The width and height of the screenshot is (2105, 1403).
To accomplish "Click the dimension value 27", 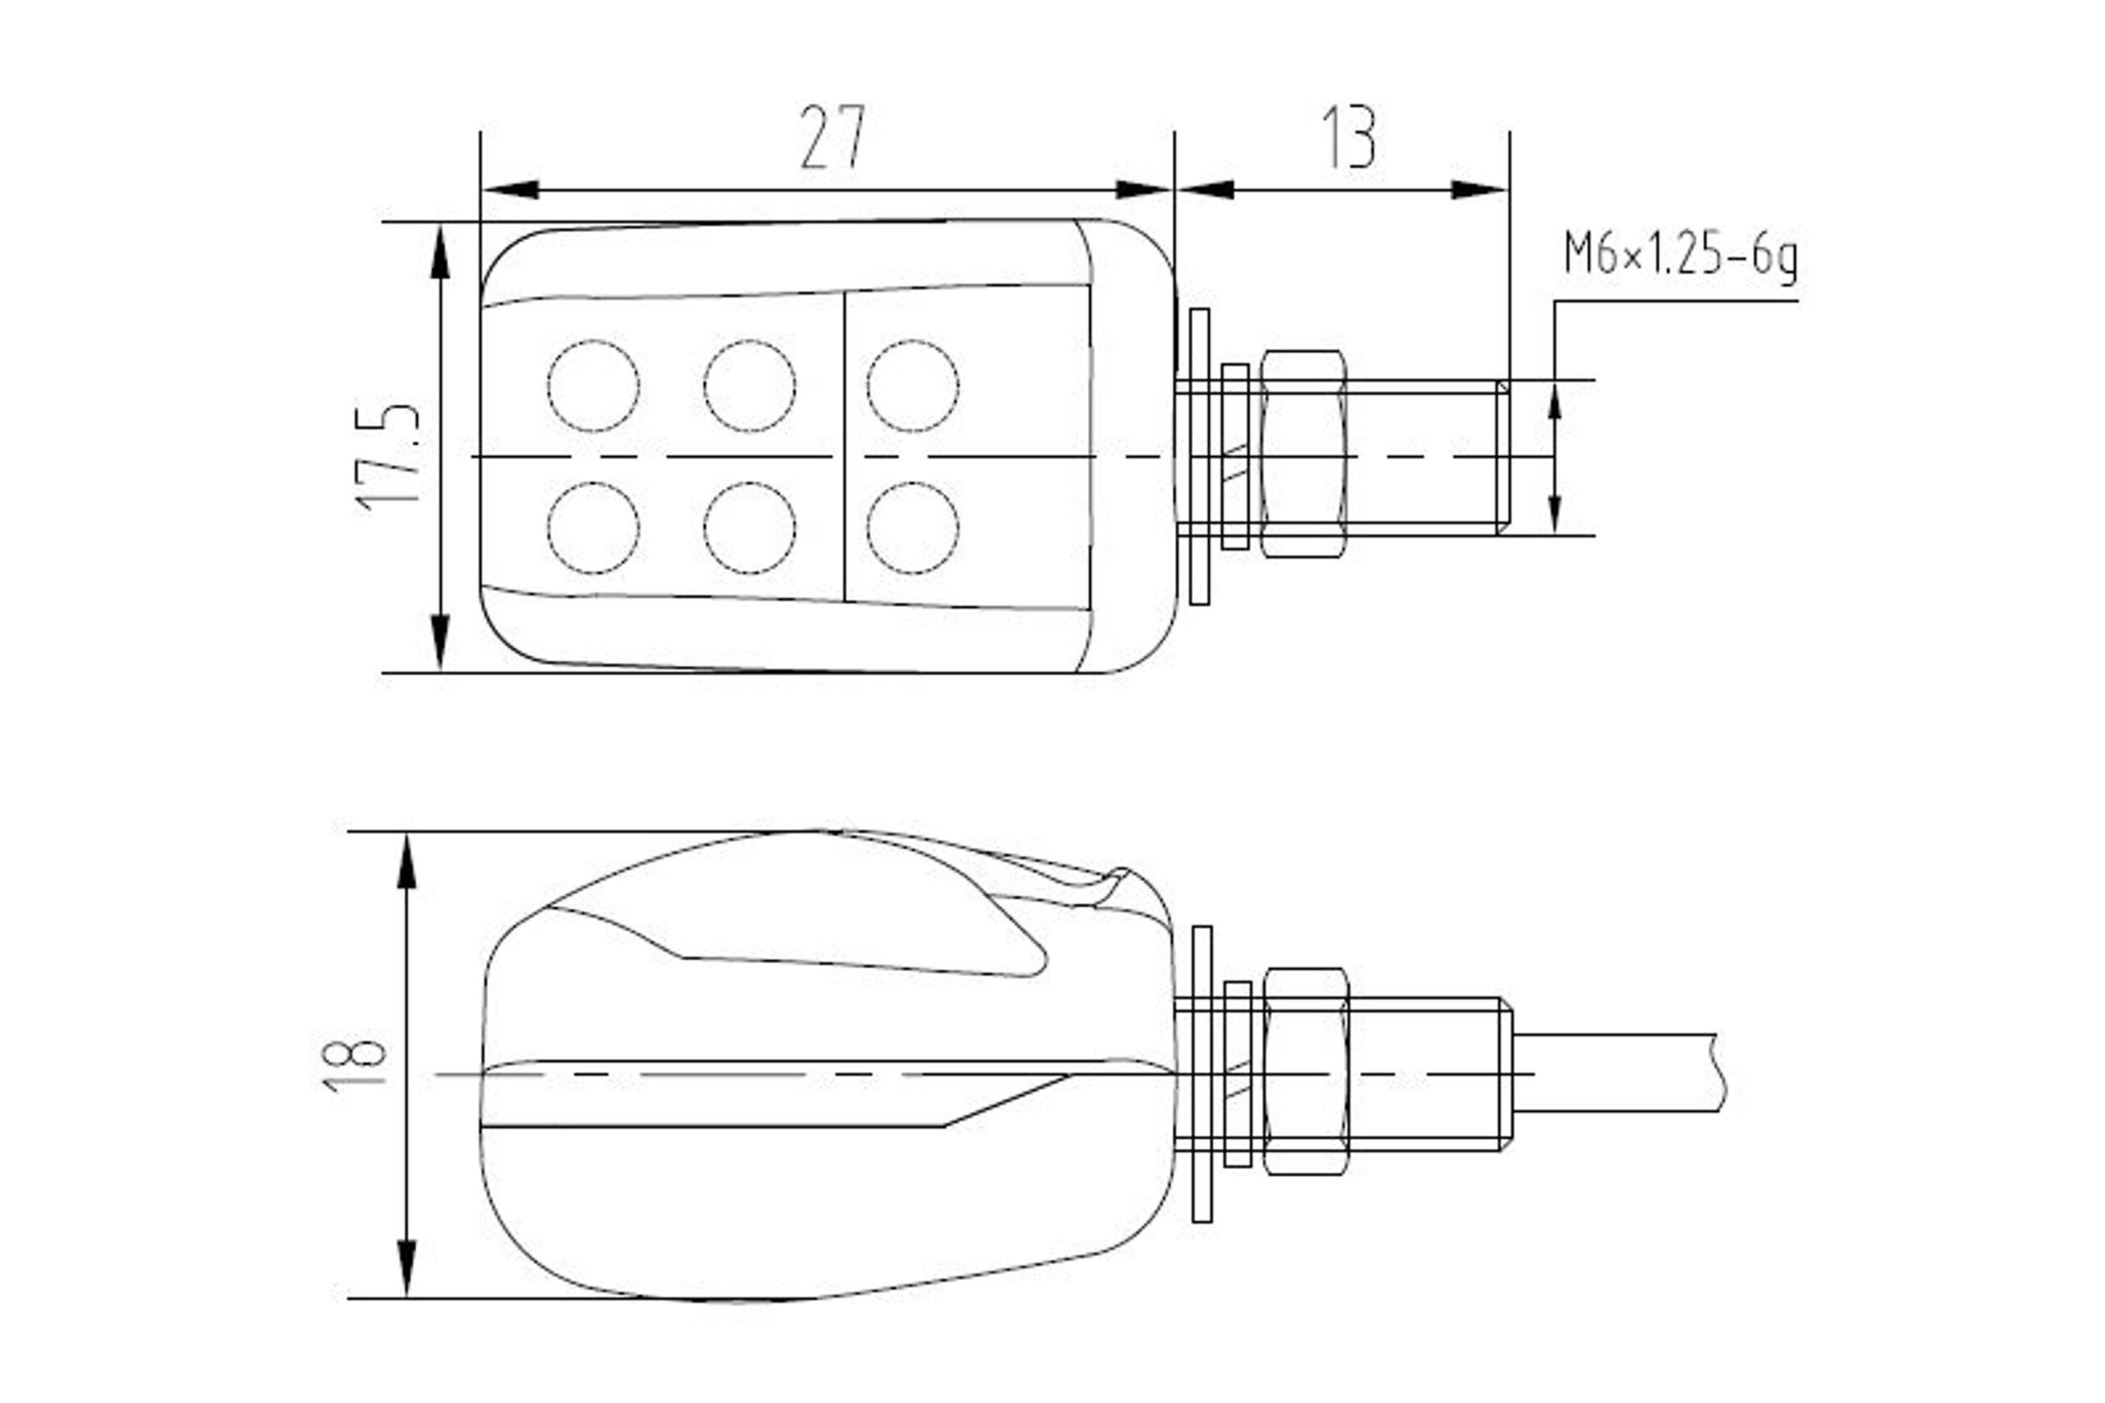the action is (x=832, y=137).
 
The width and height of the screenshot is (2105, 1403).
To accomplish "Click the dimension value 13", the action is (x=1349, y=137).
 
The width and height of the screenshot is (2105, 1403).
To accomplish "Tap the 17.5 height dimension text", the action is (x=387, y=459).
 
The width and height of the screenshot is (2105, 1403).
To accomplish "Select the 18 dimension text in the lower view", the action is (x=354, y=1064).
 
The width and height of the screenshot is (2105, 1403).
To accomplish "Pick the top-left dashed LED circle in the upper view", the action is (x=594, y=385).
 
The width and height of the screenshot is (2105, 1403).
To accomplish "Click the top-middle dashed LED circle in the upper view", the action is (x=750, y=385).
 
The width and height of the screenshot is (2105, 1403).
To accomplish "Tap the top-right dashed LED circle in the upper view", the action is (x=913, y=385).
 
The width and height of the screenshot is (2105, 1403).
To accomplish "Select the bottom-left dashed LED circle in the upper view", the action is (x=594, y=528).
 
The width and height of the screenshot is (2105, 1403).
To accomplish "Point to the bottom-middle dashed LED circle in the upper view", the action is (x=750, y=528).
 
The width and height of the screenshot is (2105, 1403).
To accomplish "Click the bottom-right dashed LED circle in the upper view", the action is (x=913, y=528).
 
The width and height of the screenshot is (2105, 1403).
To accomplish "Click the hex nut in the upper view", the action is (x=1303, y=454).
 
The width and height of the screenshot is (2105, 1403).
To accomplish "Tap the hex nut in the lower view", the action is (x=1305, y=1072).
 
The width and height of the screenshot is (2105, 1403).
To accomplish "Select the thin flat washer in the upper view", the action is (x=1200, y=456).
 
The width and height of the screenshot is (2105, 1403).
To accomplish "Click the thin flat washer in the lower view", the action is (x=1202, y=1073).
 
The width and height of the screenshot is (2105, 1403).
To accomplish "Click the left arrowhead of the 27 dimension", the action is (x=510, y=190).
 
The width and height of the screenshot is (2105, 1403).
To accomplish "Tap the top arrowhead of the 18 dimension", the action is (x=406, y=861).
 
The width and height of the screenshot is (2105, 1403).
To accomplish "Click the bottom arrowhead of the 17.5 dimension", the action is (x=439, y=643).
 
